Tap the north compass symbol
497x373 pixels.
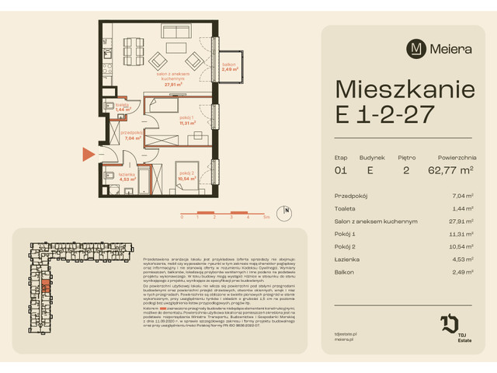click(x=286, y=209)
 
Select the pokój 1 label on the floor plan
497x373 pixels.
click(x=187, y=120)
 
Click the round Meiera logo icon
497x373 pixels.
click(x=418, y=48)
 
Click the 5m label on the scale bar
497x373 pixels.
click(x=266, y=218)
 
